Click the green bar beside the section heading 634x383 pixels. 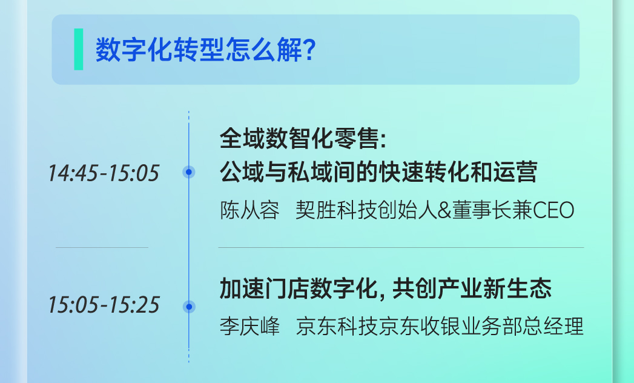pos(79,49)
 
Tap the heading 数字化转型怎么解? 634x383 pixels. pos(205,50)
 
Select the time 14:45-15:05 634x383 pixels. pos(104,173)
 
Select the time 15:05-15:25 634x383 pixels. pos(104,305)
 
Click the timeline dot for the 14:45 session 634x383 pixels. pos(189,172)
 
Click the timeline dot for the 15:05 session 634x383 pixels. pos(189,307)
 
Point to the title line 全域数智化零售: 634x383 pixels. pos(303,138)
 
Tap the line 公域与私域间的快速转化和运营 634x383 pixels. pos(378,172)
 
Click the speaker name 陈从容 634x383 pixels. pos(249,210)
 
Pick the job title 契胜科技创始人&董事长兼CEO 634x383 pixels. pos(435,210)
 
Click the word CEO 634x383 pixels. pos(553,210)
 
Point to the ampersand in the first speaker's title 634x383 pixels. pos(444,210)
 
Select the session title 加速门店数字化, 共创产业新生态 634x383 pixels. pos(386,288)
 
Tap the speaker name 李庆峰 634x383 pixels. pos(249,326)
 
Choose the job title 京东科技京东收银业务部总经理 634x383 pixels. pos(440,326)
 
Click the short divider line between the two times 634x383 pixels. pos(102,247)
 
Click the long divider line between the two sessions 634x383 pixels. pos(401,247)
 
